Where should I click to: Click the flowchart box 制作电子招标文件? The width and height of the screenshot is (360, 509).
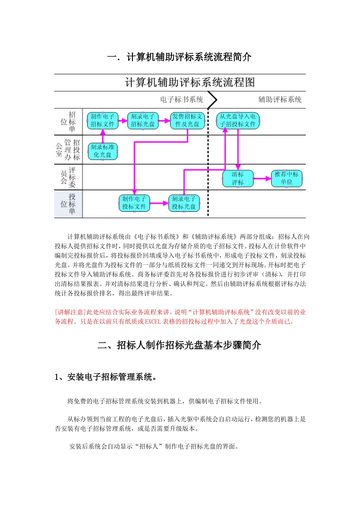click(103, 120)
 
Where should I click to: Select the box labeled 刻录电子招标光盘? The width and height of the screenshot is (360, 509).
click(143, 120)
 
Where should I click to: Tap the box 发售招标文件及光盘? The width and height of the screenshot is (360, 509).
click(188, 120)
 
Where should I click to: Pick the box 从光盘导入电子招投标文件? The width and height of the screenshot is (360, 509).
click(238, 120)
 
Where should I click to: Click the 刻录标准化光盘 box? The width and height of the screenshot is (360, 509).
click(103, 151)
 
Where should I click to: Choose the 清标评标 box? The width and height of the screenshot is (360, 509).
click(238, 178)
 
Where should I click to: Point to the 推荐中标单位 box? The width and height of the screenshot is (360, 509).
click(286, 178)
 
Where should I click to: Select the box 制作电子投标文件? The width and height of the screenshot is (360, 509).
click(134, 203)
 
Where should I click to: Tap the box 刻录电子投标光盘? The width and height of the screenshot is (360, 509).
click(184, 203)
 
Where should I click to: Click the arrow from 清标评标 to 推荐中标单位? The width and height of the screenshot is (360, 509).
click(262, 178)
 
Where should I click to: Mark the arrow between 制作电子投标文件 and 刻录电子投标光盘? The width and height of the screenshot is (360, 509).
click(159, 203)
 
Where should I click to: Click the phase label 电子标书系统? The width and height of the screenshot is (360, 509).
click(182, 100)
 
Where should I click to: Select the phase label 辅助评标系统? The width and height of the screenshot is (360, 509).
click(280, 100)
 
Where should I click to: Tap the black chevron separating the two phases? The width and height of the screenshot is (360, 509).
click(213, 100)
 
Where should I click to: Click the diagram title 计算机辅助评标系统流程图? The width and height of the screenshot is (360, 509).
click(190, 83)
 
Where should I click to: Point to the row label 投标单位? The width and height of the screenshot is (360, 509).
click(68, 204)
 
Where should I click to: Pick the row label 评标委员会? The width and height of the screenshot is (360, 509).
click(68, 177)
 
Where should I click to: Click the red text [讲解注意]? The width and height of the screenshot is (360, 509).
click(70, 312)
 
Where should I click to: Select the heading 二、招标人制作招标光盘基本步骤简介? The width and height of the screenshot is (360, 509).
click(179, 345)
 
